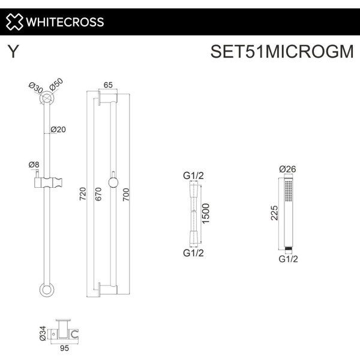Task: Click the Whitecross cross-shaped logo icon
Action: [14, 22]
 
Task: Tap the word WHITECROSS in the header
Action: [65, 22]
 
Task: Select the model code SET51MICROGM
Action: [282, 52]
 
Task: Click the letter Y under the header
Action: [13, 52]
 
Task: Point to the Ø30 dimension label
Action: [36, 88]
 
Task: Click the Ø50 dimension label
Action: [56, 85]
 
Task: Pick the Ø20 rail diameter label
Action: [58, 130]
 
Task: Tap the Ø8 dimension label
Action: [34, 164]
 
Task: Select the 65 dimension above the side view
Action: [108, 85]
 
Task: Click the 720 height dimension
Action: [83, 194]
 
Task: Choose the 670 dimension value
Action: [98, 194]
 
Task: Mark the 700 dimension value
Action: [126, 194]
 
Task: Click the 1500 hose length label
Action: [205, 213]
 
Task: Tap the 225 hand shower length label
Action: [274, 213]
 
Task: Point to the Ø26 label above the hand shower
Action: [287, 169]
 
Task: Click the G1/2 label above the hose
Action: [193, 176]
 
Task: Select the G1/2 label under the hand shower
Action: [288, 259]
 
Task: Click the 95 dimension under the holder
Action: [65, 348]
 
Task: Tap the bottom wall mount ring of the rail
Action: [47, 290]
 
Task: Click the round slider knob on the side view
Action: [113, 183]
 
